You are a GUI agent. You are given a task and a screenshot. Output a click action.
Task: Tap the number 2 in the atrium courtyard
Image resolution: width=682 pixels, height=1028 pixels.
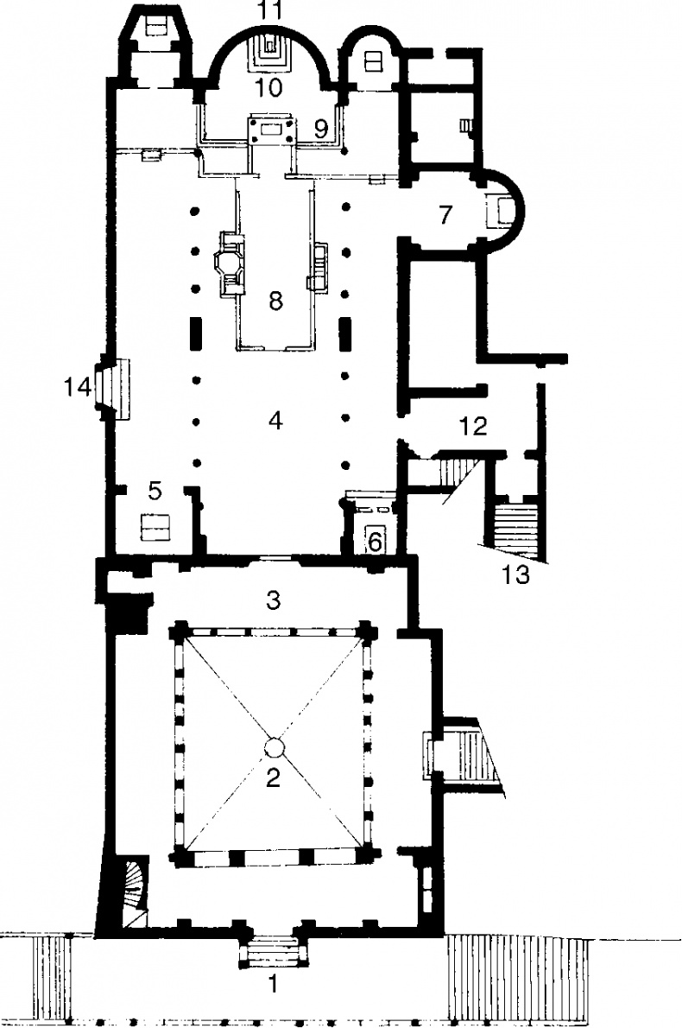point(273,777)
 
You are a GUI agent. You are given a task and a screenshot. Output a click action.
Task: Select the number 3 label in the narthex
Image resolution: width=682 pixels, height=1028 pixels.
point(274,600)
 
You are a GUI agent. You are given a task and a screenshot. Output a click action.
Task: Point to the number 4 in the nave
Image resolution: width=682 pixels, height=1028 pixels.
point(275,420)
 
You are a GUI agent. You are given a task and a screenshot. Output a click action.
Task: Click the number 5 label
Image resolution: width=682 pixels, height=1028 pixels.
point(155,491)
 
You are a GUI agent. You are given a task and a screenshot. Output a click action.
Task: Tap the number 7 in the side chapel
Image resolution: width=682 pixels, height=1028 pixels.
point(445,214)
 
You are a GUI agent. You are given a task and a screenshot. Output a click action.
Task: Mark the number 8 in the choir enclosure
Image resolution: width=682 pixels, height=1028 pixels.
point(275,301)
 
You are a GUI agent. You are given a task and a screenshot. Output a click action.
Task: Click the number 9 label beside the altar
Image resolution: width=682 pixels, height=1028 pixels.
point(320,130)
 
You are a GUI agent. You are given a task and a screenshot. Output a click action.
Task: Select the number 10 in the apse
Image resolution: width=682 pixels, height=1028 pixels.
point(269,86)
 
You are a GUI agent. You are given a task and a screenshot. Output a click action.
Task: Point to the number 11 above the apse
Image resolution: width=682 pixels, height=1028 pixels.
point(270,10)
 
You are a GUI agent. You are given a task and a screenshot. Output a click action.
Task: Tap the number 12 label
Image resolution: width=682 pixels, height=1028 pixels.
point(474,426)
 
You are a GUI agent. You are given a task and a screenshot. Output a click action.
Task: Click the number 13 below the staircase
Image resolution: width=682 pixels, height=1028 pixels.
point(515,574)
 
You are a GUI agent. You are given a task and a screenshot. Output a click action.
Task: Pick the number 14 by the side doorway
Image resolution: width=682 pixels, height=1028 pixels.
point(78,388)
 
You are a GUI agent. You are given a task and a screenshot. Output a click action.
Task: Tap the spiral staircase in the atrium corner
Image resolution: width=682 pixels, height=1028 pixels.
point(133,894)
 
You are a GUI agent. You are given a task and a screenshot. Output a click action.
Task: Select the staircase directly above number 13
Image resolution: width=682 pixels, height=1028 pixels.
point(515,522)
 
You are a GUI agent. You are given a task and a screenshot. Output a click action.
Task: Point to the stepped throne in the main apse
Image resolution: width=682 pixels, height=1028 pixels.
point(269,51)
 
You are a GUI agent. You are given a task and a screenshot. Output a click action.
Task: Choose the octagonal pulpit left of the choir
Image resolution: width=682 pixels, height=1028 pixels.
point(227,263)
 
